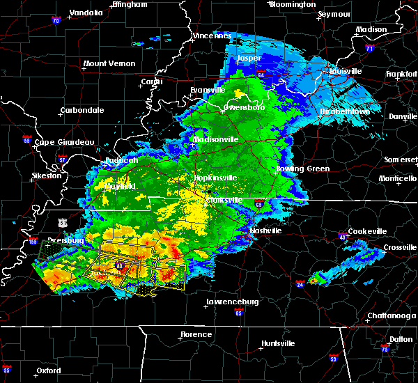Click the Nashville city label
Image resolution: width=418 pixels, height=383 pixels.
coord(266,230)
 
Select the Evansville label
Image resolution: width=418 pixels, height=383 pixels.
coord(208,91)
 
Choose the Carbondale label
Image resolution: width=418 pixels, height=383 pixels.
coord(82,110)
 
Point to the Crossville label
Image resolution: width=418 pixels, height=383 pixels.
coord(400,247)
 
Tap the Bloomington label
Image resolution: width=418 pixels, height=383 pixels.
coord(292,4)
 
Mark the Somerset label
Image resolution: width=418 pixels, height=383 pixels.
coord(401,160)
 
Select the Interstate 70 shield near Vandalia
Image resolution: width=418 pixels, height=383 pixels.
coord(56,22)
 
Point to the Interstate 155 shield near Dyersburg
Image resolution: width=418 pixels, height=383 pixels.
coord(33,242)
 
